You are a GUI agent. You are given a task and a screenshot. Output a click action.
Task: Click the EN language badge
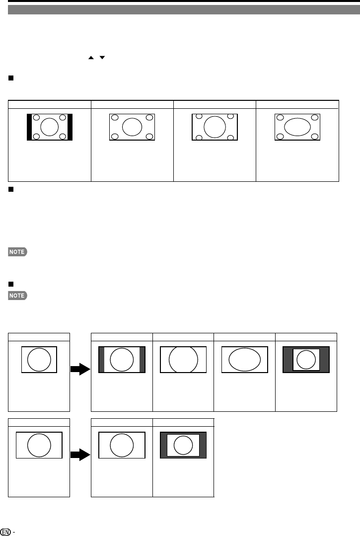(6, 530)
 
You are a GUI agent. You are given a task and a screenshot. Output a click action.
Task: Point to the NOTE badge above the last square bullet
(17, 252)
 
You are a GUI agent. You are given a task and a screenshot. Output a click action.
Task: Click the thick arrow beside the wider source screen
(80, 455)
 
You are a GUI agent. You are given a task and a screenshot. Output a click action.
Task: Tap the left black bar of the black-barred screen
(29, 127)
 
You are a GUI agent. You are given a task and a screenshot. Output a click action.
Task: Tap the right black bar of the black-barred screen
(70, 127)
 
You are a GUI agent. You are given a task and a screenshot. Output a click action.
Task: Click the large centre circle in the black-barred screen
(49, 127)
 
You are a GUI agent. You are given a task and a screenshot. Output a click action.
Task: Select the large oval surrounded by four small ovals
(297, 127)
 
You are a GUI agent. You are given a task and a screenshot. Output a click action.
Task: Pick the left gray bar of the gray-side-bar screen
(101, 359)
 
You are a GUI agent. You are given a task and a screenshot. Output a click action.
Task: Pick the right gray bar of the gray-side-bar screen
(143, 359)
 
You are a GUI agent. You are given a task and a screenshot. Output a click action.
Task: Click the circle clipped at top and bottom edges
(183, 359)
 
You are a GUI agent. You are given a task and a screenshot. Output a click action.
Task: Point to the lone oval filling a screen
(244, 359)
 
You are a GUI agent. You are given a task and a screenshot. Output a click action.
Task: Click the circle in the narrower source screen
(39, 359)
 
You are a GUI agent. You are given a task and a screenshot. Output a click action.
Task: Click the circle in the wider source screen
(39, 445)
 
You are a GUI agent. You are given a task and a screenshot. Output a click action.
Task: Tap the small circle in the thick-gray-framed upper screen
(305, 359)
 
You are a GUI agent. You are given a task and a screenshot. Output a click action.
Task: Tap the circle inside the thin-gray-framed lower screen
(183, 445)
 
